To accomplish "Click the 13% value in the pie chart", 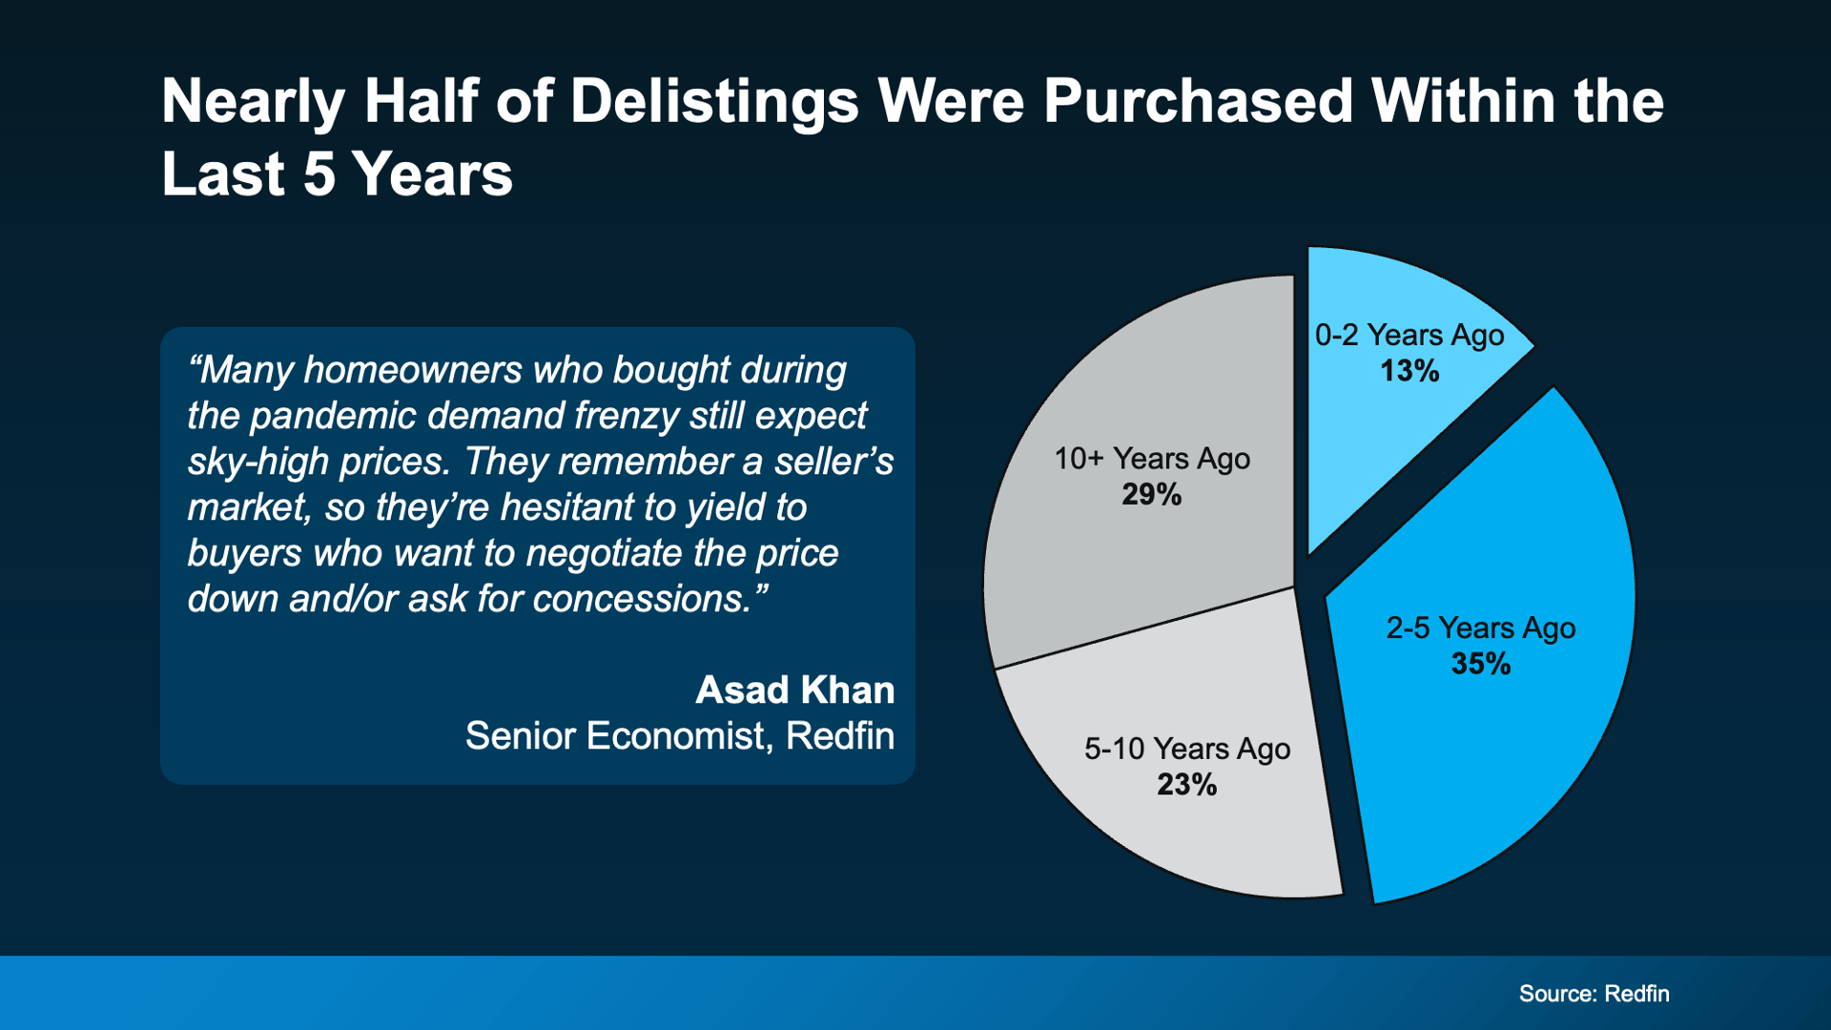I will pyautogui.click(x=1409, y=371).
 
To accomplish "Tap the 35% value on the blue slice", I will pyautogui.click(x=1480, y=664).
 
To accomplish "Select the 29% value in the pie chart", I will pyautogui.click(x=1151, y=494).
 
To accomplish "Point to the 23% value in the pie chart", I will pyautogui.click(x=1186, y=784).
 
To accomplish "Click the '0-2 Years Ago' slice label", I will pyautogui.click(x=1409, y=335).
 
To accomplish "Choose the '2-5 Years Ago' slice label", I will pyautogui.click(x=1480, y=628).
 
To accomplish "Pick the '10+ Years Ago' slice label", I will pyautogui.click(x=1151, y=459).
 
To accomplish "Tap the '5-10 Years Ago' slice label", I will pyautogui.click(x=1186, y=749).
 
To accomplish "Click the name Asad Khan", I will pyautogui.click(x=794, y=690).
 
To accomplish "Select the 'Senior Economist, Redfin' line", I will pyautogui.click(x=679, y=735).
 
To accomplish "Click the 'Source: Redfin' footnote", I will pyautogui.click(x=1594, y=994).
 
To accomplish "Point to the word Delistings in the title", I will pyautogui.click(x=714, y=101).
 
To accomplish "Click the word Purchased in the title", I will pyautogui.click(x=1198, y=101).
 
